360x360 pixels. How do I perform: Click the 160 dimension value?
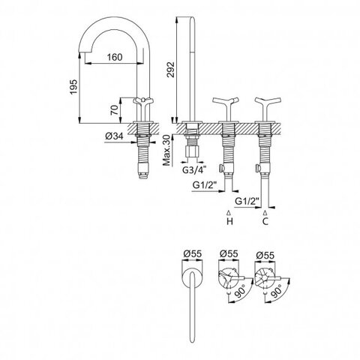click(x=115, y=57)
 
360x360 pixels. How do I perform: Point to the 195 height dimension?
click(x=73, y=87)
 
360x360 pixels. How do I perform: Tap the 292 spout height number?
click(x=171, y=69)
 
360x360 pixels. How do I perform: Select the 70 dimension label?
click(x=115, y=109)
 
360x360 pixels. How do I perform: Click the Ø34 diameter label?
click(x=114, y=136)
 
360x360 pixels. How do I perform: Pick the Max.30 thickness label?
click(x=167, y=150)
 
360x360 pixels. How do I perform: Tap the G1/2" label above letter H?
click(x=205, y=185)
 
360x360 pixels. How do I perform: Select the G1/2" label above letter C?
click(x=247, y=201)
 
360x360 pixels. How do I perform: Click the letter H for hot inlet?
click(x=229, y=221)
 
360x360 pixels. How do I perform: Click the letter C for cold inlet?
click(x=265, y=221)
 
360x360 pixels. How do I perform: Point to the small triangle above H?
click(x=229, y=213)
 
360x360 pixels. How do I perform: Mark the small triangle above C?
click(x=265, y=213)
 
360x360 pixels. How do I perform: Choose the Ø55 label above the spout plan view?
click(x=192, y=254)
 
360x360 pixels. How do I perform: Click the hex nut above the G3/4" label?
click(x=192, y=151)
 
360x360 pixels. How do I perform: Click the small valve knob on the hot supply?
click(x=220, y=168)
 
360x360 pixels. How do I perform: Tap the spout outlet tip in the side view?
click(x=82, y=52)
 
